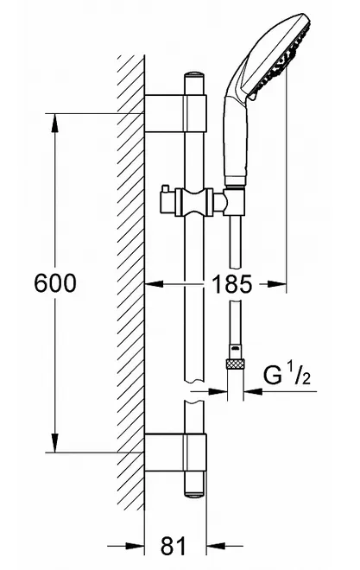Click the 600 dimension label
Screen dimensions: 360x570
pyautogui.click(x=55, y=282)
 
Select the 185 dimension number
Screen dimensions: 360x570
pyautogui.click(x=231, y=284)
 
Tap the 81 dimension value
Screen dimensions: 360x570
pyautogui.click(x=173, y=546)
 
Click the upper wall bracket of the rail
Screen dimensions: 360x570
pyautogui.click(x=175, y=113)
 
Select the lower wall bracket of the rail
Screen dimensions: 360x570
pyautogui.click(x=175, y=452)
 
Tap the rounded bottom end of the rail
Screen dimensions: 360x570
pyautogui.click(x=194, y=492)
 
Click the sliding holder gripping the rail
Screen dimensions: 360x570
pyautogui.click(x=194, y=202)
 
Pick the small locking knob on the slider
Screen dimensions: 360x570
pyautogui.click(x=166, y=188)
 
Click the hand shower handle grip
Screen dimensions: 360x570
pyautogui.click(x=237, y=141)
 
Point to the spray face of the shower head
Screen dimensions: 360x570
pyautogui.click(x=281, y=59)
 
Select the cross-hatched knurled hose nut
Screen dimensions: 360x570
pyautogui.click(x=236, y=364)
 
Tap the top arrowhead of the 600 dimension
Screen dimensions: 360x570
pyautogui.click(x=55, y=123)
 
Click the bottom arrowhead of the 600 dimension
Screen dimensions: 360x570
pyautogui.click(x=55, y=443)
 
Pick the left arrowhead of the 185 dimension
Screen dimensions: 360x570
pyautogui.click(x=154, y=284)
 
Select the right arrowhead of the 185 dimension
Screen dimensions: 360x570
pyautogui.click(x=277, y=284)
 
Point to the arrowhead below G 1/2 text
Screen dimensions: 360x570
pyautogui.click(x=254, y=391)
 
